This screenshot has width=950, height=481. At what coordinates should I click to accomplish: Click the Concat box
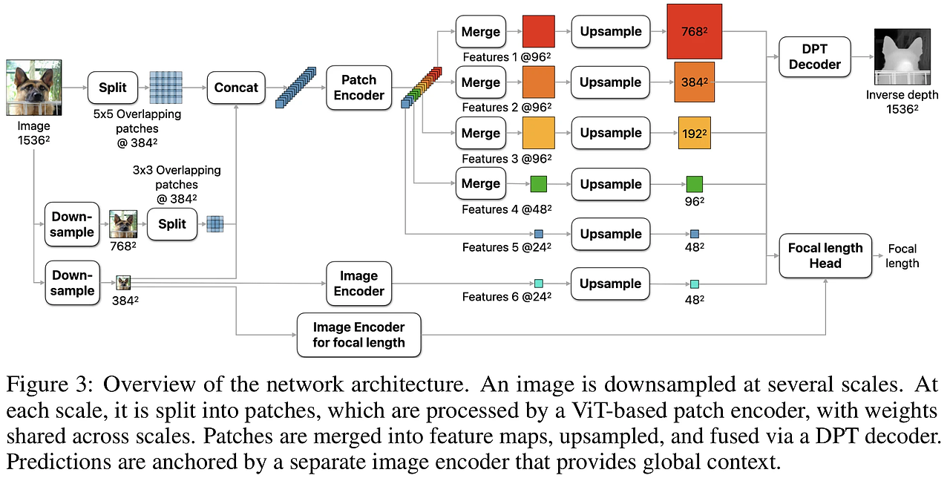point(236,88)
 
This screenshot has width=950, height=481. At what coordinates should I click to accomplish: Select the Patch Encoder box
point(358,88)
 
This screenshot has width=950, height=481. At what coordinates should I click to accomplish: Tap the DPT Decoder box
point(814,57)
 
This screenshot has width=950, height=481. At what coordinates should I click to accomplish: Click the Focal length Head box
point(825,255)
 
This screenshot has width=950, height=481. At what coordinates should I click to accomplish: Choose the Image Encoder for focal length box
point(358,335)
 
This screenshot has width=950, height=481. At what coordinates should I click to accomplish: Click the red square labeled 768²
point(694,31)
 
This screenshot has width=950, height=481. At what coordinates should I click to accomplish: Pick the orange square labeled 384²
point(694,82)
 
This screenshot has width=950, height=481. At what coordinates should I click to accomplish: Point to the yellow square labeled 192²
point(694,134)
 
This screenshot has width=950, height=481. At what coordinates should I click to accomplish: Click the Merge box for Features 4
point(480,184)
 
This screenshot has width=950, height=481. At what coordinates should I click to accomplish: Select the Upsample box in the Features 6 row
point(610,284)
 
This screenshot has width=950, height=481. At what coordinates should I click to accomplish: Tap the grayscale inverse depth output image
point(901,57)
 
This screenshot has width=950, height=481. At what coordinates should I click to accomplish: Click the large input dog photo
point(34,88)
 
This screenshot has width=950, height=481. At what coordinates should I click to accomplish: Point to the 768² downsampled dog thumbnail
point(123,224)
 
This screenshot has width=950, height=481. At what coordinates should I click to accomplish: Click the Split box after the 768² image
point(171,223)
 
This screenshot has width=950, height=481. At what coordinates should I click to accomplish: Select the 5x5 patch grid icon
point(166,88)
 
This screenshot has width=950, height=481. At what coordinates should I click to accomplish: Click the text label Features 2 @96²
point(506,108)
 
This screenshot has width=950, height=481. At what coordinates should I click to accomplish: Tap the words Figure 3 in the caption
point(50,384)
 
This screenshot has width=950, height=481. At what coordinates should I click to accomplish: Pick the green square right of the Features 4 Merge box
point(538,184)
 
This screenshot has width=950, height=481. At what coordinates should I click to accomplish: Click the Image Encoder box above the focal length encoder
point(358,284)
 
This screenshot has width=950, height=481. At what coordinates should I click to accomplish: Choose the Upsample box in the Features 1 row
point(610,32)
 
